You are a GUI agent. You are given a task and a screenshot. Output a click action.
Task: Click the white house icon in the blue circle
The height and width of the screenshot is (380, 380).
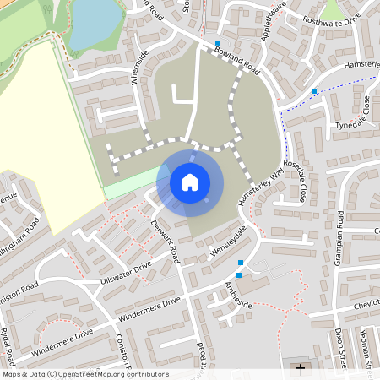tap(190, 182)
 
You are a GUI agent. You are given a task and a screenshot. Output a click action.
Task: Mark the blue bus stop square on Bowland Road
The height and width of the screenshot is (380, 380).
tap(219, 43)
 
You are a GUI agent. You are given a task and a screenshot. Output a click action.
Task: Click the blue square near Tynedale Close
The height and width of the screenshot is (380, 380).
tap(314, 91)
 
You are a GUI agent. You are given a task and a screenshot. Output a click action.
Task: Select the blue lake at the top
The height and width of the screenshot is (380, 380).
tap(98, 19)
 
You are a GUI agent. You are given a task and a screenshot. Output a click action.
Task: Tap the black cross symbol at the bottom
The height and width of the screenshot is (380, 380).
tap(301, 369)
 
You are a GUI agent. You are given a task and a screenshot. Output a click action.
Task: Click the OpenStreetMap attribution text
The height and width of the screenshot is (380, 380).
tap(85, 374)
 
